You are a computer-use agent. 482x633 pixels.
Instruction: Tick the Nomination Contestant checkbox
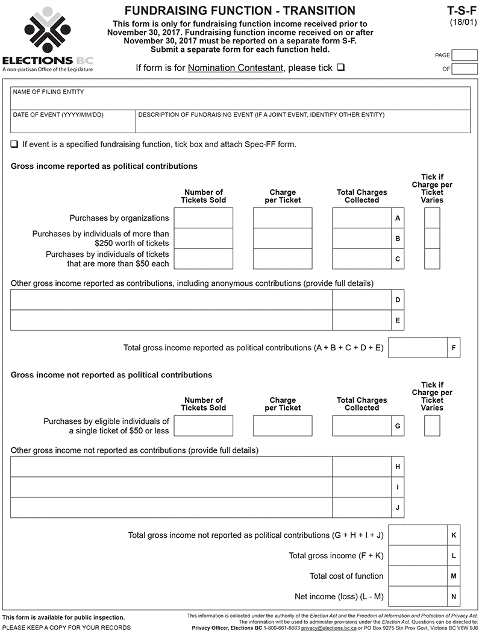(341, 68)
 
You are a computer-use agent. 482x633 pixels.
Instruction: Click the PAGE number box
(464, 55)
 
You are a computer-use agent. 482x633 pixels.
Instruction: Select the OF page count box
(464, 69)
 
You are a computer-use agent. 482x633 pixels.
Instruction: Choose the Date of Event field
(73, 121)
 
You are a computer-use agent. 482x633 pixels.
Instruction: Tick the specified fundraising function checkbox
(14, 145)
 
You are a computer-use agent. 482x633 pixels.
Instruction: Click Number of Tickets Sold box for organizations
(203, 218)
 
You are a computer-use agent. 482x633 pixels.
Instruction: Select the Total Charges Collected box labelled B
(361, 239)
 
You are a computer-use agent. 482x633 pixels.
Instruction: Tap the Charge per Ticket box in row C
(283, 259)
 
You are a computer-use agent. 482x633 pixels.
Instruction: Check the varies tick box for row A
(432, 218)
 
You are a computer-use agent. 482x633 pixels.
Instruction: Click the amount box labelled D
(361, 300)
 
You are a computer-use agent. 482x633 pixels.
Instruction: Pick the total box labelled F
(418, 348)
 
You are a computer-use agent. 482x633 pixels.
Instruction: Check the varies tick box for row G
(432, 426)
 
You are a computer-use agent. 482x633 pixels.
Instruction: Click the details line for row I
(171, 487)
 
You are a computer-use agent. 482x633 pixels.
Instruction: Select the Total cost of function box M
(418, 576)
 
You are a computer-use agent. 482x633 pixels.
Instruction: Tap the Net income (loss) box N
(418, 597)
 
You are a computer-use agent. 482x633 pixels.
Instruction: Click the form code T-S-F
(462, 10)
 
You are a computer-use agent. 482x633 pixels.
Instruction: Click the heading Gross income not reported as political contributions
(111, 375)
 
